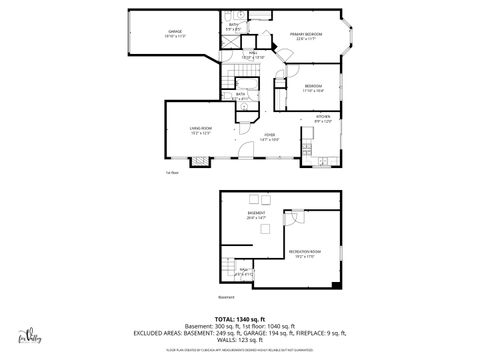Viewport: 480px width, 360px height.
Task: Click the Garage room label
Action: pos(175,33)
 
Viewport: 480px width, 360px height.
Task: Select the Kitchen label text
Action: pos(323,118)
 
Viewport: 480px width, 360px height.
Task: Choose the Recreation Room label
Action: pos(304,252)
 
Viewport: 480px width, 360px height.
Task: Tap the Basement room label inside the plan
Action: pos(256,213)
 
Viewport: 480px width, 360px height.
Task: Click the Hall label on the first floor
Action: pos(254,55)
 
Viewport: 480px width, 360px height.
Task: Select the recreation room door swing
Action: pos(294,218)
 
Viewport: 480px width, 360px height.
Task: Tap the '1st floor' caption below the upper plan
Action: pos(172,173)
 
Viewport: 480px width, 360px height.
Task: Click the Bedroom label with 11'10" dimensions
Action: pos(313,88)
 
